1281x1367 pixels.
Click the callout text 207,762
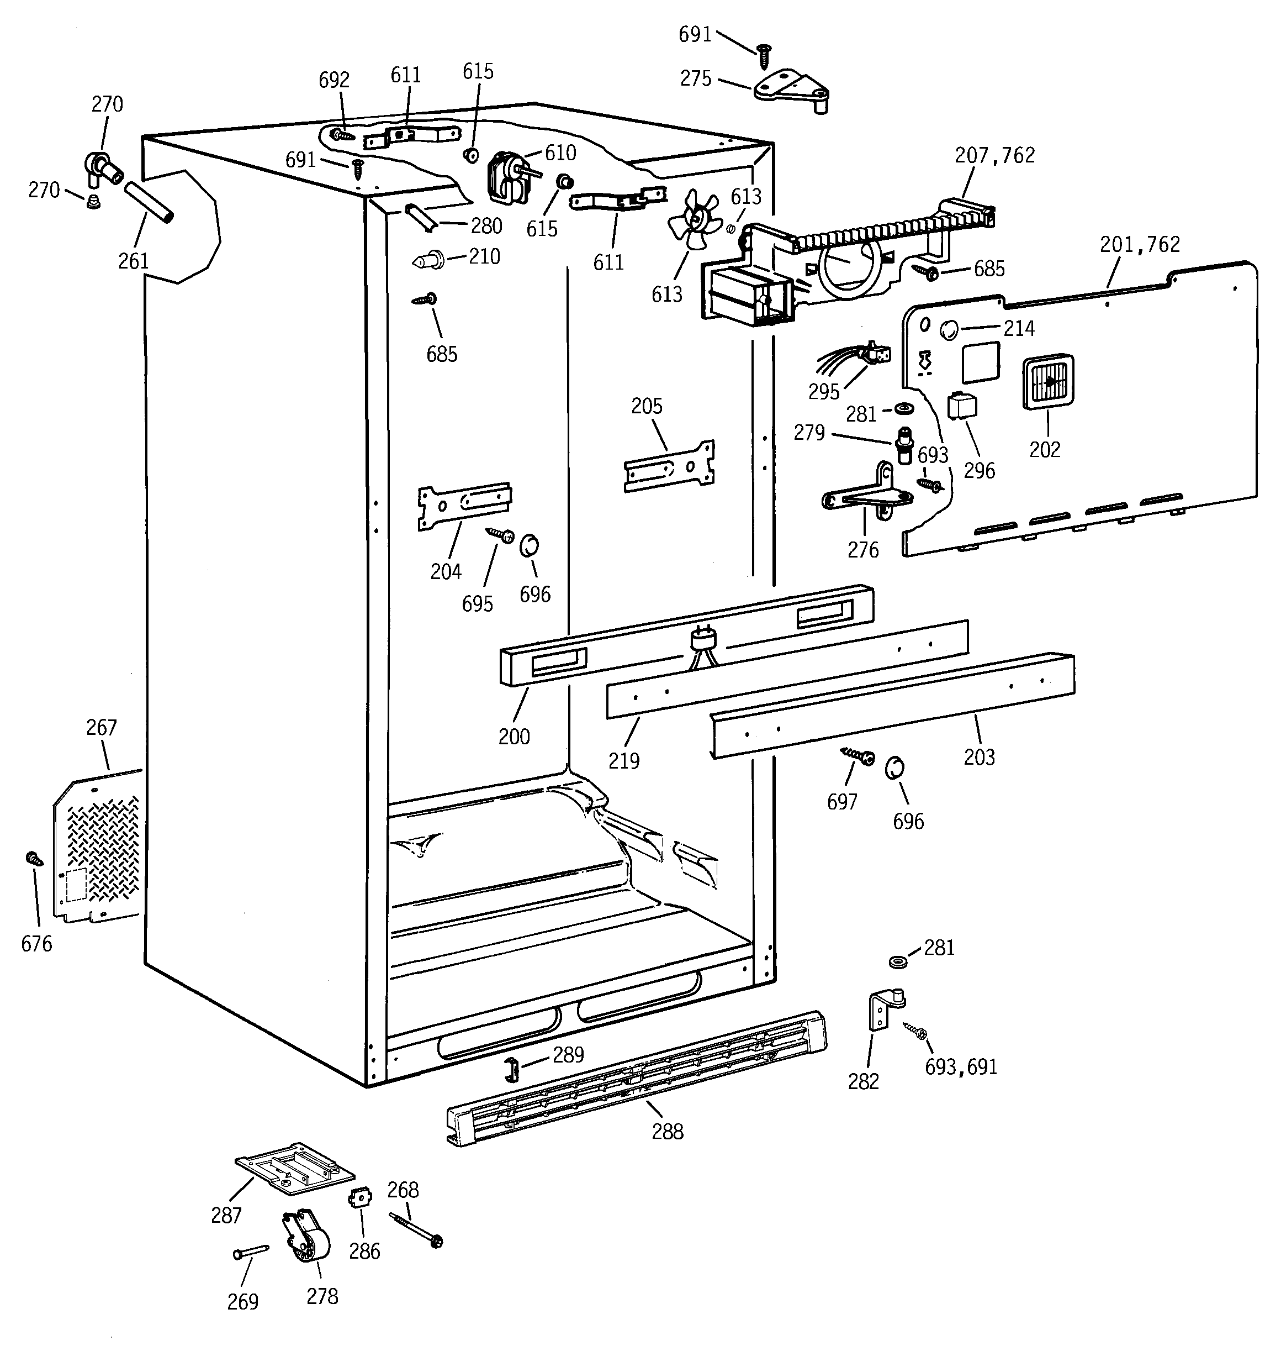pos(994,155)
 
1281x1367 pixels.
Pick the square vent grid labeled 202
pos(1048,382)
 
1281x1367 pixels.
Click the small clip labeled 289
pos(512,1069)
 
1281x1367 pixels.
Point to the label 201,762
pos(1140,245)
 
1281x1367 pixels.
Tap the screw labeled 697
pos(859,756)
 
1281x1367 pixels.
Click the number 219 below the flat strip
pos(623,760)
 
